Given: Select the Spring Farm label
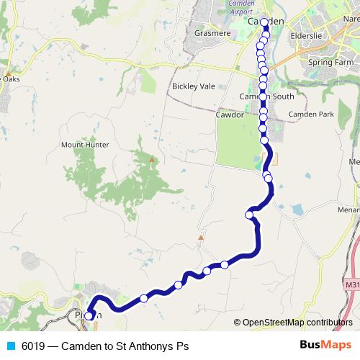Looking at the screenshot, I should pos(330,63).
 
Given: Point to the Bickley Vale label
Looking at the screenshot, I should pos(193,86).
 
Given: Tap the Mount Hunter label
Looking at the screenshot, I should pos(85,145).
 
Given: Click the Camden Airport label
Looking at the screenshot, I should pos(221,7).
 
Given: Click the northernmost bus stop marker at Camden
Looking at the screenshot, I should pos(264,22).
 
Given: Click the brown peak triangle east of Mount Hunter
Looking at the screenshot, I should pos(151,160).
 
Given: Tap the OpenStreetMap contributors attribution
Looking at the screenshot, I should pos(297,323).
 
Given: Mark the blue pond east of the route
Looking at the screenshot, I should pos(297,210).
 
